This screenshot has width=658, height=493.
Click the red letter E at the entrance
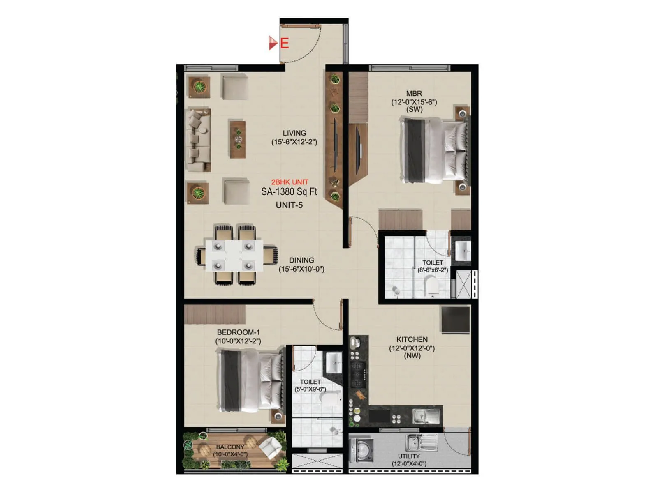tap(285, 43)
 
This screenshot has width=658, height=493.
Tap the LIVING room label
tap(294, 133)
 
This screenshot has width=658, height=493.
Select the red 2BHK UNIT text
tap(290, 182)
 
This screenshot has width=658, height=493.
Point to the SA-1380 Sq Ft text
tap(289, 191)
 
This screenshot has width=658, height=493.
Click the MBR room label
tap(414, 94)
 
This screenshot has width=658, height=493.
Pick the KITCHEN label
tap(412, 339)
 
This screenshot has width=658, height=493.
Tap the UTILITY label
tap(409, 456)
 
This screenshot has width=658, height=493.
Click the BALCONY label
tap(230, 447)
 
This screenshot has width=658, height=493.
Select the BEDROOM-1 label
tap(238, 332)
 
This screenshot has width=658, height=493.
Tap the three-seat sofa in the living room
tap(199, 140)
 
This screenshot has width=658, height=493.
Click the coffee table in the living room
tap(238, 139)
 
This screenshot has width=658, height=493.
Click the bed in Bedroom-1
tap(251, 380)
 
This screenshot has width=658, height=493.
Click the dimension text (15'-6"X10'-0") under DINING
tap(301, 270)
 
